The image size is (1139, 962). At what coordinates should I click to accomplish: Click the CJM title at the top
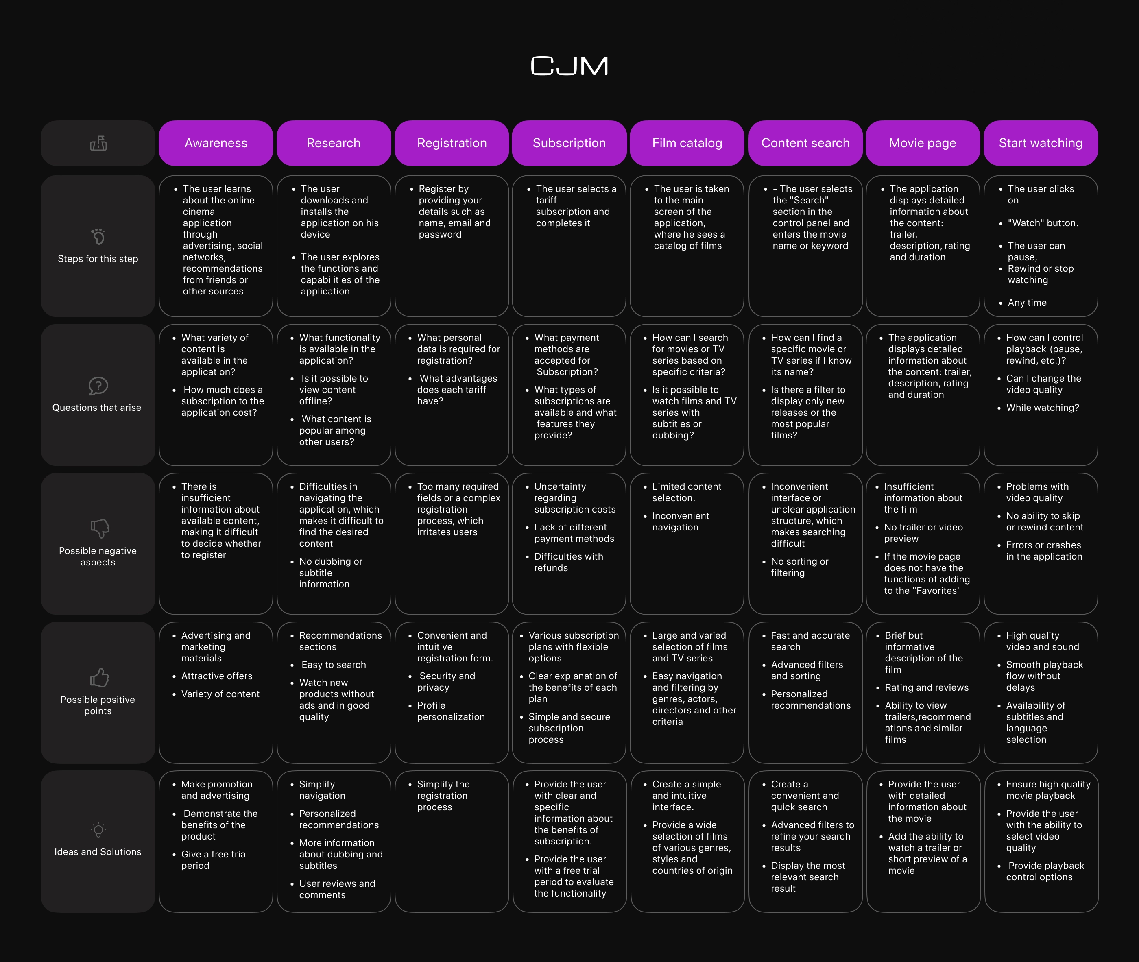[569, 66]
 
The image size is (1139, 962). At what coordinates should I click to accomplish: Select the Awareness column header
[216, 143]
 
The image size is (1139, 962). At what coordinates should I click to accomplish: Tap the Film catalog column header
[687, 143]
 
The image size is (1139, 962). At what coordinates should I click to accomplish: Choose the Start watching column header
[1040, 143]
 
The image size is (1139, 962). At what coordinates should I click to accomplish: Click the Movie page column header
[923, 143]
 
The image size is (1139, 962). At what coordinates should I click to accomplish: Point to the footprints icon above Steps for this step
[98, 237]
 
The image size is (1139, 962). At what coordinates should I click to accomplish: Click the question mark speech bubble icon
[98, 386]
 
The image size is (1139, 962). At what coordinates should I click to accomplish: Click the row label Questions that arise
[97, 408]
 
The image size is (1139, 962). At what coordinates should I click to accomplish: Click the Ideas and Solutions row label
[98, 852]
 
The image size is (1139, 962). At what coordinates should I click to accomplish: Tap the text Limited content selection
[687, 492]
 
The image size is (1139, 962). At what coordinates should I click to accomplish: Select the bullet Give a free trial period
[214, 860]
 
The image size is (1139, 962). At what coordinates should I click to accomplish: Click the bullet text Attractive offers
[217, 676]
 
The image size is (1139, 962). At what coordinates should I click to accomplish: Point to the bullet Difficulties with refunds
[568, 562]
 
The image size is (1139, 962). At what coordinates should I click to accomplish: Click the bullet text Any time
[1027, 303]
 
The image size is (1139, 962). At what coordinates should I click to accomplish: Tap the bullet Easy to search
[333, 665]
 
